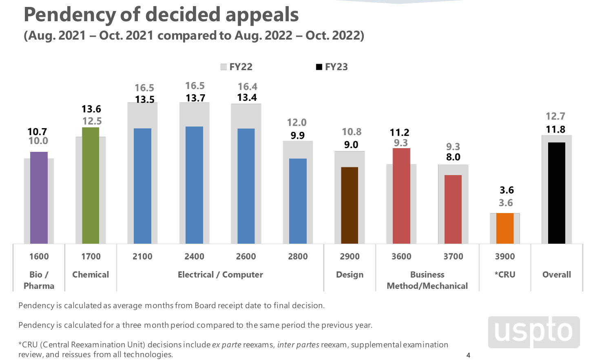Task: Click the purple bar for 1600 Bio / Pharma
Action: click(x=39, y=198)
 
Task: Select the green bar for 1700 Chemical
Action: click(x=91, y=186)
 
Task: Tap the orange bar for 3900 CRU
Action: click(x=505, y=229)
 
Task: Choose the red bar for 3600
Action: click(x=401, y=196)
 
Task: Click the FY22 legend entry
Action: click(x=237, y=67)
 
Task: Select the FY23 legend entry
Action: click(x=332, y=67)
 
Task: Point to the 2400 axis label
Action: click(x=194, y=256)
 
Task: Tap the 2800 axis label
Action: click(x=298, y=256)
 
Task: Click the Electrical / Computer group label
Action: click(x=220, y=275)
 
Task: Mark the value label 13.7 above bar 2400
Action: click(x=195, y=98)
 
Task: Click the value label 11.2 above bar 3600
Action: click(x=399, y=132)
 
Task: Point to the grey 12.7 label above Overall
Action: click(x=555, y=116)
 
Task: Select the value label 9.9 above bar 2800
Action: click(x=297, y=136)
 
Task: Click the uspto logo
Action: click(x=533, y=332)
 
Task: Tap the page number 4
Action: click(x=468, y=355)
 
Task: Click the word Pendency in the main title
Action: click(x=70, y=15)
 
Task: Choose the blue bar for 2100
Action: click(x=142, y=186)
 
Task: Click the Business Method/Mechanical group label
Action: click(x=427, y=280)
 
